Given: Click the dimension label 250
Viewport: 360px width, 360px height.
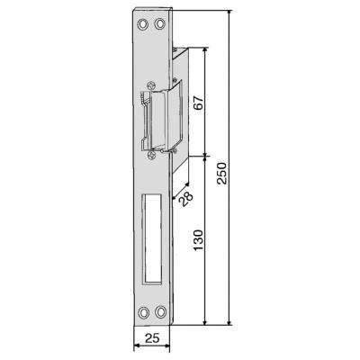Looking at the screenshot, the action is [223, 173].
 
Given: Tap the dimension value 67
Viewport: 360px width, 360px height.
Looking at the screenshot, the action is [199, 103].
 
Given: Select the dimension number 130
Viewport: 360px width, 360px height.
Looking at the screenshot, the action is [198, 240].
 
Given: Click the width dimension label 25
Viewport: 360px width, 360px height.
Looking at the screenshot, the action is [152, 338].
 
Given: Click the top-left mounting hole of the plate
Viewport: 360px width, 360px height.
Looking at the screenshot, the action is [143, 24].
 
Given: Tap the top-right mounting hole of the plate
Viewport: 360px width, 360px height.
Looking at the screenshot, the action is [160, 24].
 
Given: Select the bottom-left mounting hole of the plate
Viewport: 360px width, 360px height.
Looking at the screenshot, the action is [144, 312].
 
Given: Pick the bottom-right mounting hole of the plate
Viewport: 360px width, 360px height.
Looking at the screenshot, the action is [161, 312].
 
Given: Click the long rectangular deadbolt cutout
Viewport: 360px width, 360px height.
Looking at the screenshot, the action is [152, 239].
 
